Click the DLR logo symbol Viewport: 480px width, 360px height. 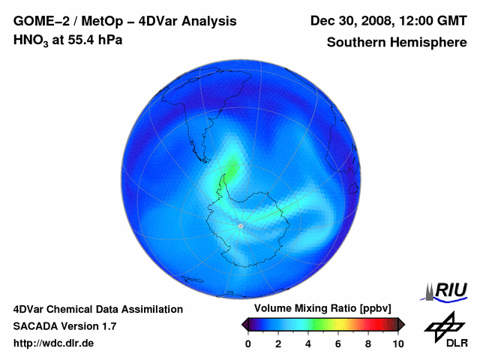(x=445, y=328)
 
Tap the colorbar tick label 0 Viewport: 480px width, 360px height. (x=248, y=343)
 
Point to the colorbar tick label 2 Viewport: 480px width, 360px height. (x=278, y=343)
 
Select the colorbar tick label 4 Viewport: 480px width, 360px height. (x=308, y=343)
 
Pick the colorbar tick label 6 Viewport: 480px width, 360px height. (x=338, y=343)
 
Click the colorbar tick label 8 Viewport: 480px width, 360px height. (x=368, y=343)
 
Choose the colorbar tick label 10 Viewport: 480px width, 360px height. (x=397, y=343)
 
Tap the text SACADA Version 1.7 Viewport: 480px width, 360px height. (x=64, y=326)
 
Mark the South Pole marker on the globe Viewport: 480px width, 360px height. (x=241, y=225)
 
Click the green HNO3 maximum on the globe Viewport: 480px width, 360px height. (x=232, y=169)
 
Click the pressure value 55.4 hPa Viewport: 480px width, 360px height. (x=93, y=40)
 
